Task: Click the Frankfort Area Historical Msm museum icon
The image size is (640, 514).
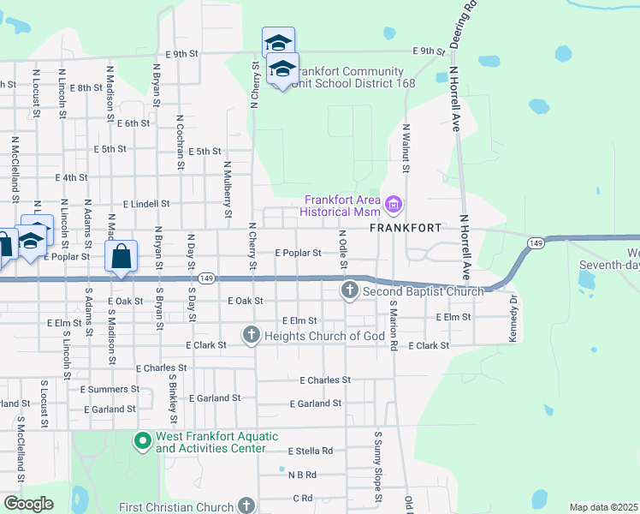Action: click(394, 205)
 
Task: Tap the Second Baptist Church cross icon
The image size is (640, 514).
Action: click(349, 291)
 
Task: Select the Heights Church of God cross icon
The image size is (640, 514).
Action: click(251, 334)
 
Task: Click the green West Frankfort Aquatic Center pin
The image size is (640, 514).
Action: click(142, 442)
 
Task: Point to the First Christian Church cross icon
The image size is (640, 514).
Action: click(247, 505)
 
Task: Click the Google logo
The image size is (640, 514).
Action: click(28, 503)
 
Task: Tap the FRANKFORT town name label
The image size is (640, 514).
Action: click(405, 229)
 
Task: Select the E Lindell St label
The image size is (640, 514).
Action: click(146, 205)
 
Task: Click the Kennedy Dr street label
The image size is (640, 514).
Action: click(514, 320)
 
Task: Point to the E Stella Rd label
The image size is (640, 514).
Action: click(310, 451)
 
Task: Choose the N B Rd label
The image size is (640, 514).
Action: click(302, 474)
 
